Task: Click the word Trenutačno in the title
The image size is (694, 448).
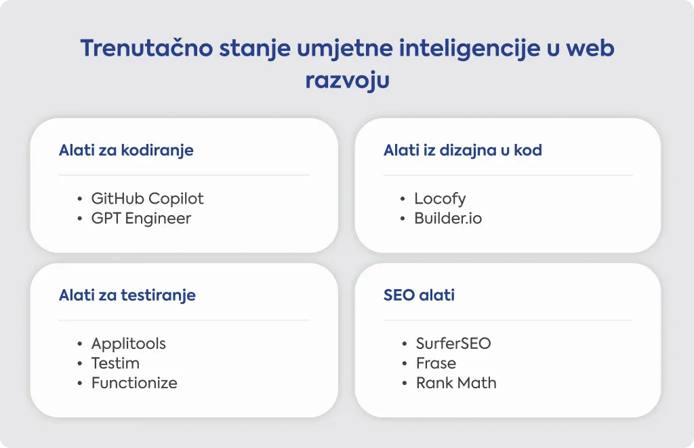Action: point(146,48)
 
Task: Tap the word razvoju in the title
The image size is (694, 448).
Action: point(348,81)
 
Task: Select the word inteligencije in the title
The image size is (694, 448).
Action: point(470,49)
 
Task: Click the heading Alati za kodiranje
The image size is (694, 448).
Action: point(126,151)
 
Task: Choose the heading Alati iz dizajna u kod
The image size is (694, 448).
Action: point(462,151)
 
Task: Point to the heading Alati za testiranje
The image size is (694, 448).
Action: point(127,295)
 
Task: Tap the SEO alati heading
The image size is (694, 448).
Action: point(419,295)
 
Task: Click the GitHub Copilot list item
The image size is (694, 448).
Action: point(147,199)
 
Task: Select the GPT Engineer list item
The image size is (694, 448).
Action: point(141,219)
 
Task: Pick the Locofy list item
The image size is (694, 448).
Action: point(440,199)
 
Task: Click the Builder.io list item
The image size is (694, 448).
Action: point(448,218)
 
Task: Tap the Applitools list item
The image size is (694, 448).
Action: point(128,344)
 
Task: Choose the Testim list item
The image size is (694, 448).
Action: point(115,363)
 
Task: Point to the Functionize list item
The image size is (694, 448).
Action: point(134,383)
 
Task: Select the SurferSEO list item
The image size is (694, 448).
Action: point(453,343)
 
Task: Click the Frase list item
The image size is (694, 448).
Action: point(436,363)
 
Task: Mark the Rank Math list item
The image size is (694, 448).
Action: point(456,383)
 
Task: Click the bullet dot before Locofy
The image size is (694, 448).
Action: point(403,199)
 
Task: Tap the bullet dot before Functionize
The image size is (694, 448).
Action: point(80,383)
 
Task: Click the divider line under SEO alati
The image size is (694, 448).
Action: point(508,320)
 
